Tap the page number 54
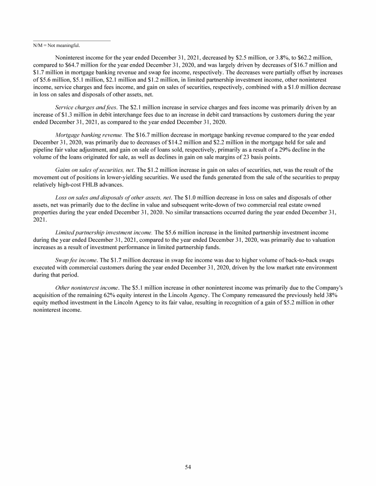[x=188, y=467]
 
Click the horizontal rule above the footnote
[x=71, y=41]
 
